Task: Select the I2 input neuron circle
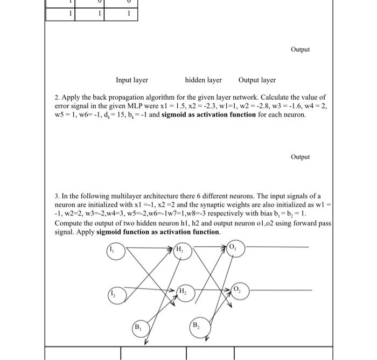tap(117, 294)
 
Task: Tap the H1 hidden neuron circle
tap(181, 251)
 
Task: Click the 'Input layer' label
tap(132, 80)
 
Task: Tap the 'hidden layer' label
tap(203, 80)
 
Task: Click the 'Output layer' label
tap(257, 80)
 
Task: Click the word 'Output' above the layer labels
tap(300, 50)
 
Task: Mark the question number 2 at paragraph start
tap(57, 98)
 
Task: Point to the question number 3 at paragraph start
tap(57, 197)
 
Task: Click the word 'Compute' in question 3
tap(68, 223)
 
